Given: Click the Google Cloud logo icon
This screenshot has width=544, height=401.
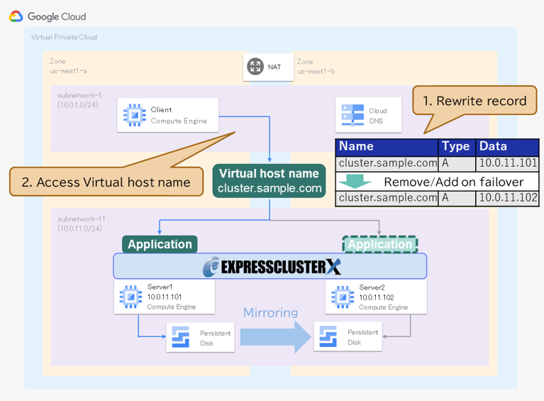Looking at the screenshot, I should tap(16, 16).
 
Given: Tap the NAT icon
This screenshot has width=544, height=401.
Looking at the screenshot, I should tap(255, 67).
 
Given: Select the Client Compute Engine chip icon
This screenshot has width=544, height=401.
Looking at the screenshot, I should tap(134, 115).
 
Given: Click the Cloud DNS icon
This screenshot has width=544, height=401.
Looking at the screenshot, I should tap(353, 115).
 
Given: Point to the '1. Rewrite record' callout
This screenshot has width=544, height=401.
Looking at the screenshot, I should tap(474, 101).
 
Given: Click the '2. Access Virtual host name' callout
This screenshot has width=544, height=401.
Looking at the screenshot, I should tap(106, 182).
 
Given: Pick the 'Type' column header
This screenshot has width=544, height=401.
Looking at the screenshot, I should tap(456, 147).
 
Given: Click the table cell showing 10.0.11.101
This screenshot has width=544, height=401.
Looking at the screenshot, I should tap(508, 163).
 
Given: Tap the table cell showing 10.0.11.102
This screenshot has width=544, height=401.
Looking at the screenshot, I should tap(508, 198).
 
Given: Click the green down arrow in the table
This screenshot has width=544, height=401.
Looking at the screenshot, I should tap(354, 181).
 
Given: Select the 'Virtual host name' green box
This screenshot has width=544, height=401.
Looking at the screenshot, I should tap(269, 181).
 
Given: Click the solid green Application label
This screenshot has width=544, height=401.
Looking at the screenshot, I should tap(160, 244).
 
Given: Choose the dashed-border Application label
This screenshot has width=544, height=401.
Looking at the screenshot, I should tap(379, 244).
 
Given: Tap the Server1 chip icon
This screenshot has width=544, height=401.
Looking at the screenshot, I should tap(131, 297).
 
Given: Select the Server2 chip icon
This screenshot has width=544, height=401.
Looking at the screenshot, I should tap(343, 297).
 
